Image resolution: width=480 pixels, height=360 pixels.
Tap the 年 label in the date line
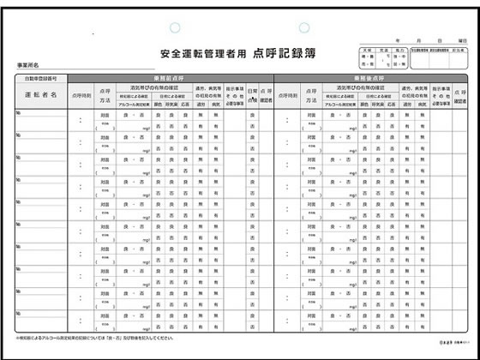396,40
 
